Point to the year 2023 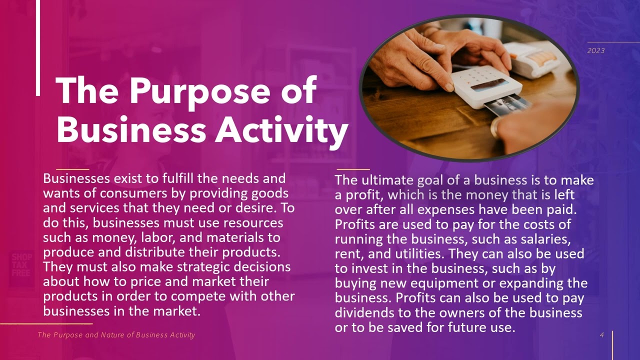pyautogui.click(x=596, y=50)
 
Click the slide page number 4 pyautogui.click(x=602, y=335)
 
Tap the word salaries pyautogui.click(x=542, y=239)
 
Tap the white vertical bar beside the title pyautogui.click(x=38, y=47)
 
